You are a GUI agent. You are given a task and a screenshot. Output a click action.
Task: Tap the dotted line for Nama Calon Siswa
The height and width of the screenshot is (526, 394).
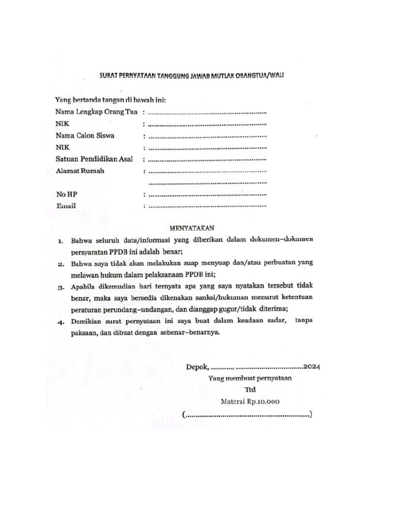pyautogui.click(x=207, y=136)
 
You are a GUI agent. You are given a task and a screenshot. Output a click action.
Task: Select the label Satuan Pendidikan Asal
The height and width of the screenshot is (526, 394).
pyautogui.click(x=94, y=159)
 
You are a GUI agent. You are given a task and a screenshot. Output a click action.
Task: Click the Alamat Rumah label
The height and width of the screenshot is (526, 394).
pyautogui.click(x=80, y=171)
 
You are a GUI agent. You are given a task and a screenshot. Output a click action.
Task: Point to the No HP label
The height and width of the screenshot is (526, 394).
pyautogui.click(x=67, y=195)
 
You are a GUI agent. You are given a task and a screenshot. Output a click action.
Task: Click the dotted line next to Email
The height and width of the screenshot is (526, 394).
pyautogui.click(x=207, y=206)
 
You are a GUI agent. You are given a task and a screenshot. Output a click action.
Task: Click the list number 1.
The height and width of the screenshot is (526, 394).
pyautogui.click(x=60, y=240)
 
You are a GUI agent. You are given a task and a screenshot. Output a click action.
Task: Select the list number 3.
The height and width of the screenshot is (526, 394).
pyautogui.click(x=60, y=287)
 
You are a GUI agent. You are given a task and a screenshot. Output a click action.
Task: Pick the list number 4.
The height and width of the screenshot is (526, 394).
pyautogui.click(x=60, y=322)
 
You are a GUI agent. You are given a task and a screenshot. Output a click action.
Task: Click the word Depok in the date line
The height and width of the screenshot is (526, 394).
pyautogui.click(x=197, y=367)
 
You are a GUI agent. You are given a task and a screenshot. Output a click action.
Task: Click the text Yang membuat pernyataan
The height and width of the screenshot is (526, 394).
pyautogui.click(x=249, y=379)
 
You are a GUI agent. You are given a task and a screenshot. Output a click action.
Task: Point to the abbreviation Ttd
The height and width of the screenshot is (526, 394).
pyautogui.click(x=250, y=390)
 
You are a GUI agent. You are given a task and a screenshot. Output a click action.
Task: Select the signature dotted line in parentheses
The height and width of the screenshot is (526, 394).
pyautogui.click(x=247, y=415)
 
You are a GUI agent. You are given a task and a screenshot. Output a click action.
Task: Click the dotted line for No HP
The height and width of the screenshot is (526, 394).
pyautogui.click(x=207, y=195)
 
